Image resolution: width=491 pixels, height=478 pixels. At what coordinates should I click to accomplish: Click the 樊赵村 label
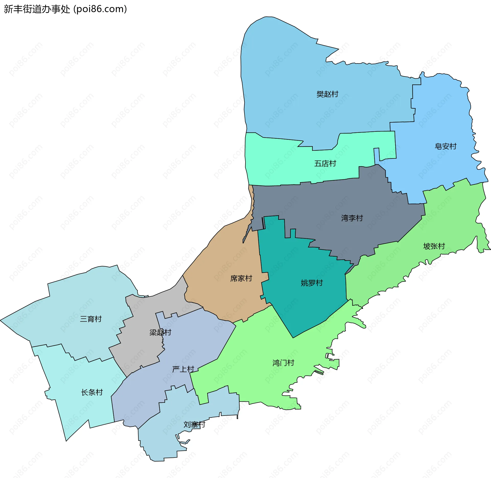(327, 94)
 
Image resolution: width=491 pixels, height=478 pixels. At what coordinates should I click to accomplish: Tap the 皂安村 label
(445, 146)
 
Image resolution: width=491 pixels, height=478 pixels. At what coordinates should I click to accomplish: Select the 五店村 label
(325, 164)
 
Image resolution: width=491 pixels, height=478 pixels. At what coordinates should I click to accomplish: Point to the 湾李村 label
(352, 218)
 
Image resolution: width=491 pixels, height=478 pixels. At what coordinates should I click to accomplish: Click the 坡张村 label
(434, 246)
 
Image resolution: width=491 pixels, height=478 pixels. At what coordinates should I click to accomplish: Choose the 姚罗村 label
(312, 283)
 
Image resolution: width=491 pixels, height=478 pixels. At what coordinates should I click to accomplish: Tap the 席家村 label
(241, 278)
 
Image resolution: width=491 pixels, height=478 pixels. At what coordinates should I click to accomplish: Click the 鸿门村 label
(283, 363)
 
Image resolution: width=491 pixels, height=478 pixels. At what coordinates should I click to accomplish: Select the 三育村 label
(91, 319)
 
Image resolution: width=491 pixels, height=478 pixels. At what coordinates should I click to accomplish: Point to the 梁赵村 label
(160, 332)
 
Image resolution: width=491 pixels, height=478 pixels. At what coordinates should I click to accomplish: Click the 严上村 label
(183, 369)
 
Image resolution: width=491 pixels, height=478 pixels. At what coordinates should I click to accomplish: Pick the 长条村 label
(92, 392)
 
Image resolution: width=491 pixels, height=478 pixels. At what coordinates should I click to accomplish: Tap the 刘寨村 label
(194, 425)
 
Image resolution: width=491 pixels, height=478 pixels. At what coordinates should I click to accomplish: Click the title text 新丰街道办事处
(37, 9)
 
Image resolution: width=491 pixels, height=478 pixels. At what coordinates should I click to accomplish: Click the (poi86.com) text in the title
(100, 9)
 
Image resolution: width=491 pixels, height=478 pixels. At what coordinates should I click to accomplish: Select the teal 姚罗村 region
(307, 307)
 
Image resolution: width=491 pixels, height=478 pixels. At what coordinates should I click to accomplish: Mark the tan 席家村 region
(230, 256)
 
